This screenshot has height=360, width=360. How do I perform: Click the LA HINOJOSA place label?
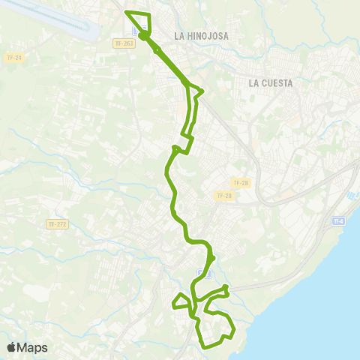[200, 35]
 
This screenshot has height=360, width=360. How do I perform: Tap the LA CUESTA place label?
[271, 82]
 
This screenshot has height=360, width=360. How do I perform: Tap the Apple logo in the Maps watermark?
[11, 347]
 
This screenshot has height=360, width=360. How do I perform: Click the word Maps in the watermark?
[34, 347]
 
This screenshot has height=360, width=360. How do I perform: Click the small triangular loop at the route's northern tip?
[139, 20]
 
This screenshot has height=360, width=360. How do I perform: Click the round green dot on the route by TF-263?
[142, 34]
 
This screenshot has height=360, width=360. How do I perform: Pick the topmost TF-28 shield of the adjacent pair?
[240, 183]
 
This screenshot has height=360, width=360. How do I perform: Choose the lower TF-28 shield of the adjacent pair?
[224, 195]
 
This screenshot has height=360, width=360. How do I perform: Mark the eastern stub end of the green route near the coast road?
[226, 286]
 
